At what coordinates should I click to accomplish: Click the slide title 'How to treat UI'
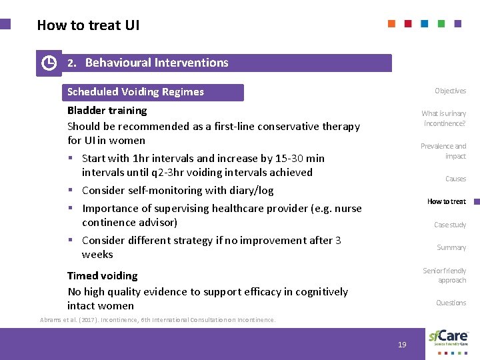tap(88, 25)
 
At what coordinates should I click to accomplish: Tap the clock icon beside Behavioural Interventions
tap(49, 63)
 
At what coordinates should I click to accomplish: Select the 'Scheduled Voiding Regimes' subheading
tap(135, 92)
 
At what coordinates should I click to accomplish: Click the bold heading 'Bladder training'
tap(107, 110)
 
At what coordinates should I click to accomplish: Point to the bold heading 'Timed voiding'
tap(102, 275)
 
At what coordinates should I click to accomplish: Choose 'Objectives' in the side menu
tap(450, 91)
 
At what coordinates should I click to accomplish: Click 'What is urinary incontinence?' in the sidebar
tap(443, 118)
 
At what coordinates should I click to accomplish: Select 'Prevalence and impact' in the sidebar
tap(443, 151)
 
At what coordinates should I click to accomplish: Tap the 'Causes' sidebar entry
tap(455, 179)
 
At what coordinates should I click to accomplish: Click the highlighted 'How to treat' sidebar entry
tap(446, 201)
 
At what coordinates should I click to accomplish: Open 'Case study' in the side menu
tap(450, 225)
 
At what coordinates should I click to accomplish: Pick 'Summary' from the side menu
tap(451, 247)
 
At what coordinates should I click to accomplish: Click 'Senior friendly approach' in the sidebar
tap(444, 275)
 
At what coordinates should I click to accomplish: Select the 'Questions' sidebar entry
tap(451, 303)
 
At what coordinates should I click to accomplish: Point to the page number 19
tap(402, 345)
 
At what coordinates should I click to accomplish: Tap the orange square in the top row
tap(391, 23)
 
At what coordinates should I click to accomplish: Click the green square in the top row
tap(441, 23)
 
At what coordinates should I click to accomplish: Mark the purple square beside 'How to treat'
tap(473, 201)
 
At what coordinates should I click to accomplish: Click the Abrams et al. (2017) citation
tap(158, 320)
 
